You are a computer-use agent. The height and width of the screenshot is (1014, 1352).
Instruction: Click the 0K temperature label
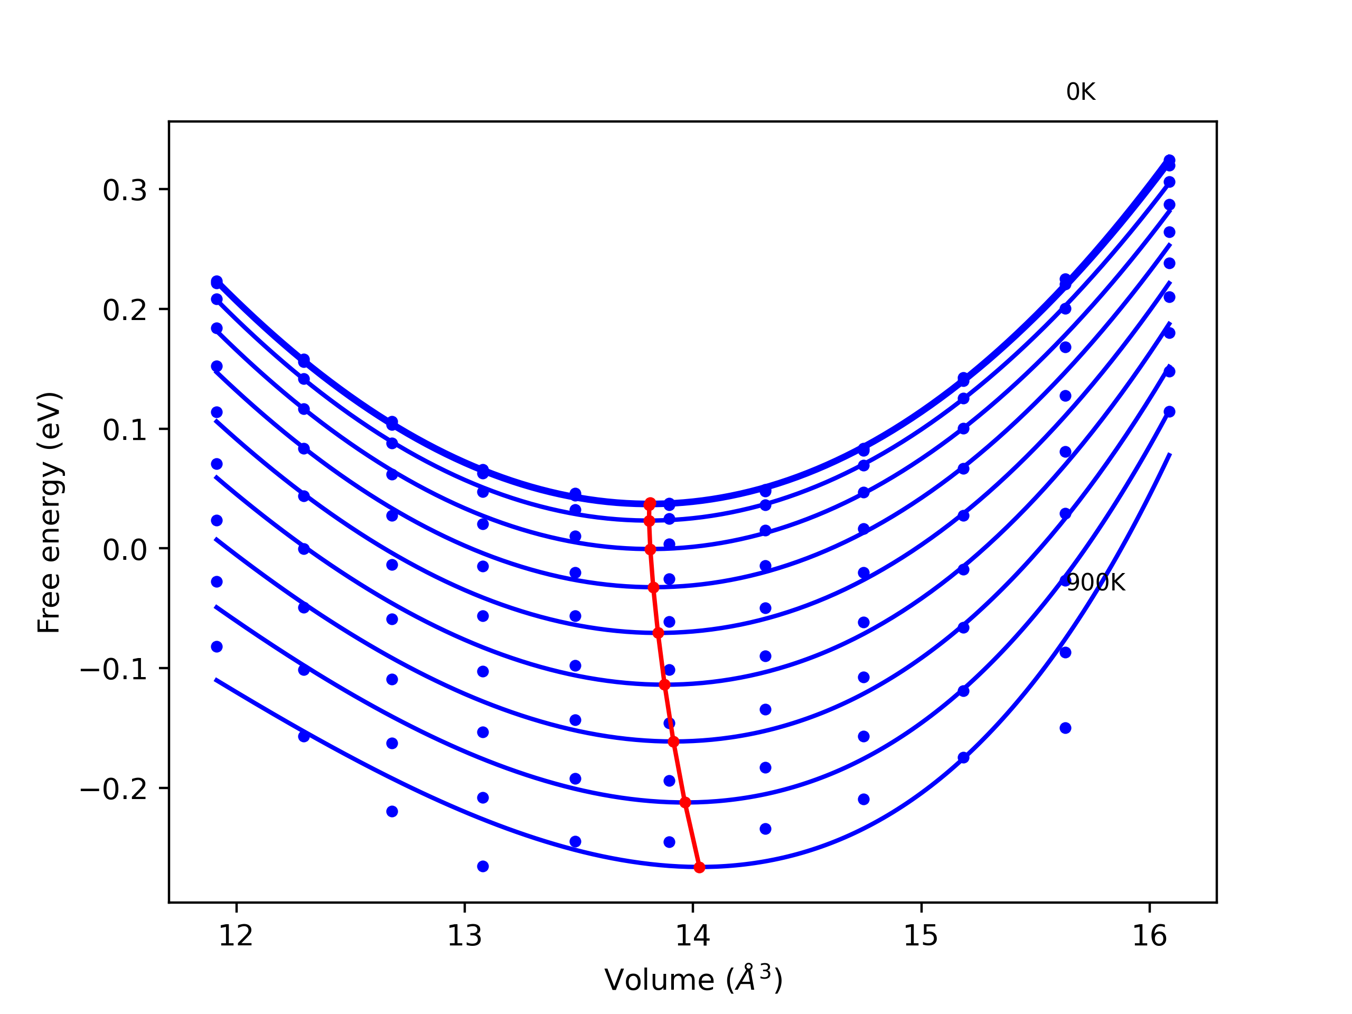pos(1080,92)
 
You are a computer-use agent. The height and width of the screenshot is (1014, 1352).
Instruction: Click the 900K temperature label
pos(1095,583)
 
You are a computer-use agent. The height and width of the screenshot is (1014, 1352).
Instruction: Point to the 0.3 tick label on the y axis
pos(125,191)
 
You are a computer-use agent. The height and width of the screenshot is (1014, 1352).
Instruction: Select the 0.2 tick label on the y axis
pos(125,311)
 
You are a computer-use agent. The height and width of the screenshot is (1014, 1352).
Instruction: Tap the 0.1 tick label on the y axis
pos(125,430)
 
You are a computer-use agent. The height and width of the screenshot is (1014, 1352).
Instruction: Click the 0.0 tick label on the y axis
pos(125,550)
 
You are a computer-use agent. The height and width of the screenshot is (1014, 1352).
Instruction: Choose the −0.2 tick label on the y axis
pos(114,790)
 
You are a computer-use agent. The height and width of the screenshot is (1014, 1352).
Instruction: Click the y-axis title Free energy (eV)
pos(49,512)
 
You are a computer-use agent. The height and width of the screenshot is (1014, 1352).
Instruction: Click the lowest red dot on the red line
pos(699,867)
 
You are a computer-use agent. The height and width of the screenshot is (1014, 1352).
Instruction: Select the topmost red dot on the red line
pos(650,504)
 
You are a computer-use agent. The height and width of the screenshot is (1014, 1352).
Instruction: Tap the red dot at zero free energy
pos(650,549)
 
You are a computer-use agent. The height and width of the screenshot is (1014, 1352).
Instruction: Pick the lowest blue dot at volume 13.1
pos(483,866)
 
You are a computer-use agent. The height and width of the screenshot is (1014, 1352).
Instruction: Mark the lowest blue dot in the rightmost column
pos(1169,411)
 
